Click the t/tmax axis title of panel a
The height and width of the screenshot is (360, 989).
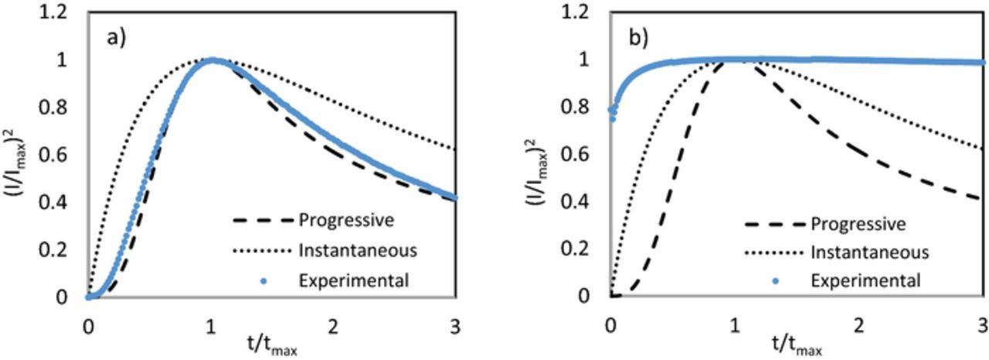271,345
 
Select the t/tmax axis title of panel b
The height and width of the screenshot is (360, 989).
797,345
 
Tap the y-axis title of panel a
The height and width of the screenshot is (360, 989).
22,154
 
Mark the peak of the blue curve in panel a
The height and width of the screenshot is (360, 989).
211,60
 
